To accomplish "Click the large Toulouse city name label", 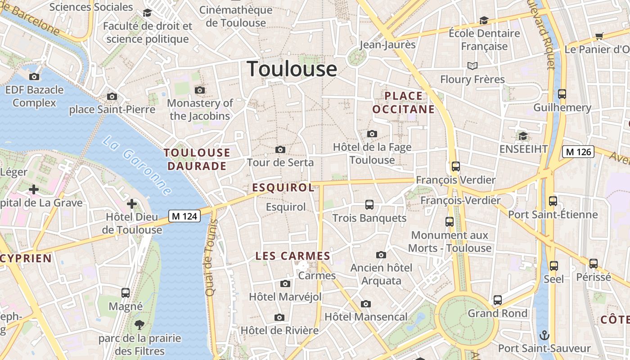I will [x=292, y=69].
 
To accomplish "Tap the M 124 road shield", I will [x=184, y=216].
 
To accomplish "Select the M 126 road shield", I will [x=578, y=152].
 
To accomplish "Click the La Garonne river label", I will [x=137, y=166].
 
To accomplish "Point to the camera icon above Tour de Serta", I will [x=280, y=149].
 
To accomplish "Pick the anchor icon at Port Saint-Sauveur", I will [x=544, y=335].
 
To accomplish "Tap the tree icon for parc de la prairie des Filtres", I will [x=139, y=324].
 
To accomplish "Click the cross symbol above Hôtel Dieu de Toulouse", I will [x=132, y=204].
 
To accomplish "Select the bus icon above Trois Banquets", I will [x=369, y=205].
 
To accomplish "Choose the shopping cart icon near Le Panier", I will [x=599, y=36].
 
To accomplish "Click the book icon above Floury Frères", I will [x=472, y=66].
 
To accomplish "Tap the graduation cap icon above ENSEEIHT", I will [x=522, y=136].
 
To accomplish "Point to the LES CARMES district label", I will [x=293, y=256].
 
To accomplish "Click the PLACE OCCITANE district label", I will [x=404, y=103].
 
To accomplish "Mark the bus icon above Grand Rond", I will [x=497, y=300].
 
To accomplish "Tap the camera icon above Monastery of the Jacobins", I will [x=200, y=90].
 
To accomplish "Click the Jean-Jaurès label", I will [x=387, y=45].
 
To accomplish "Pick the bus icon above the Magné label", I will [x=126, y=293].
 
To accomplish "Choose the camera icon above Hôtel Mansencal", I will [x=366, y=304].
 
